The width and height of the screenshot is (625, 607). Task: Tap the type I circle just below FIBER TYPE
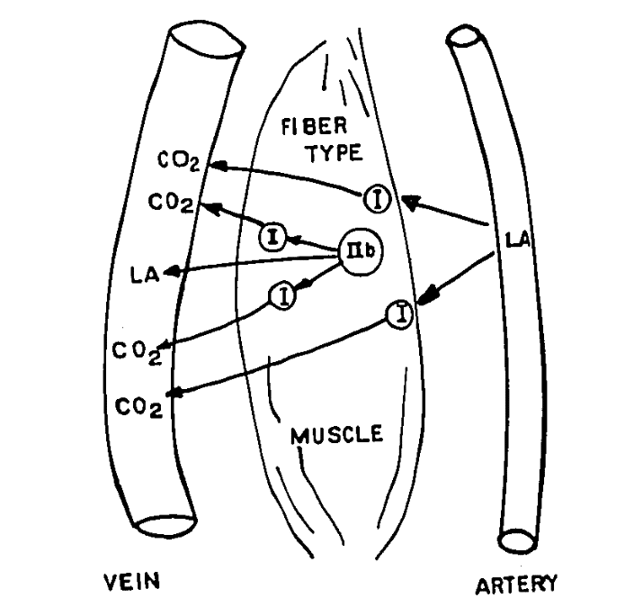coord(379,198)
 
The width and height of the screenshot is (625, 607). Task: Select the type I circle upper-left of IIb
coord(272,238)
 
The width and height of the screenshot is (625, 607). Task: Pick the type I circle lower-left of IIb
coord(283,295)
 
